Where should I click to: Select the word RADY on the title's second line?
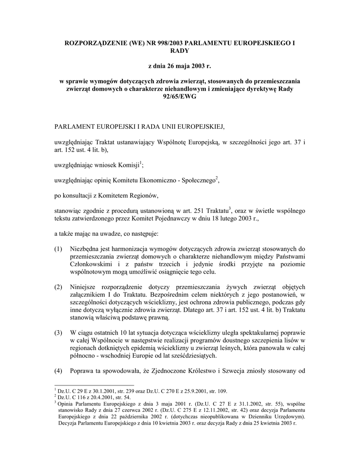click(x=179, y=51)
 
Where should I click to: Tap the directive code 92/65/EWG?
click(x=179, y=97)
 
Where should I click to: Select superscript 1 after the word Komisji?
click(x=141, y=162)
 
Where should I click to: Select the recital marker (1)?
click(x=58, y=248)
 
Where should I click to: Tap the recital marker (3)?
click(x=58, y=333)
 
